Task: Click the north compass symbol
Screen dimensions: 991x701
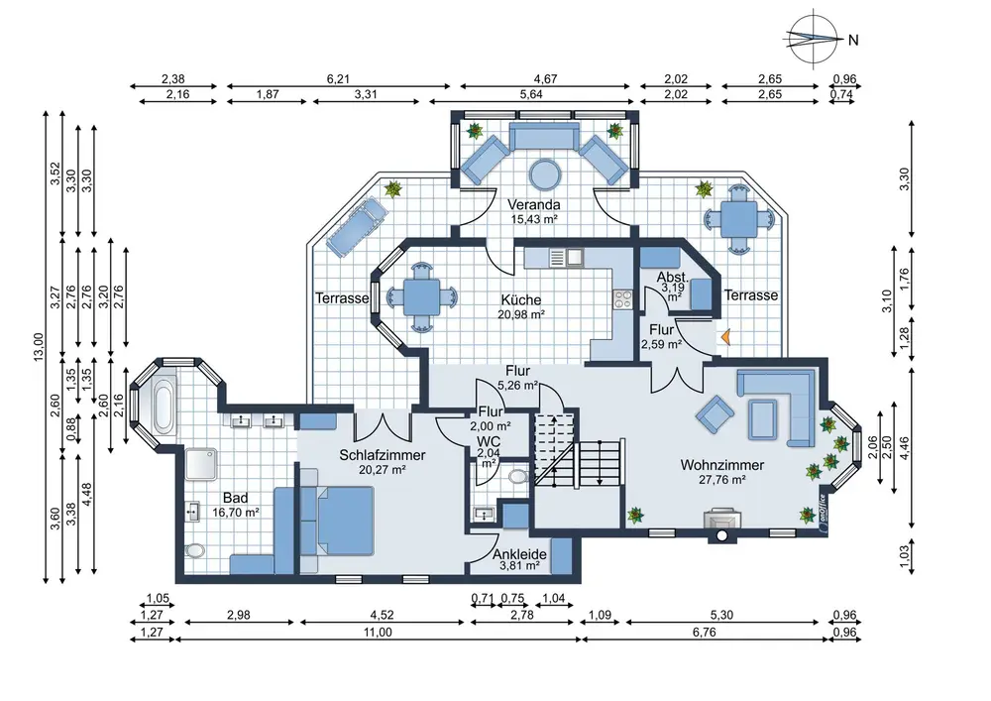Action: [814, 40]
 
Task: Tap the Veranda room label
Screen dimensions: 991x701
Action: [534, 205]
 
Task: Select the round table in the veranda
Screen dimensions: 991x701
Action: [545, 174]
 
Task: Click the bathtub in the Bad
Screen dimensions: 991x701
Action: [164, 406]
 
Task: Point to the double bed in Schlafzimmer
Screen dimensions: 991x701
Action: [338, 521]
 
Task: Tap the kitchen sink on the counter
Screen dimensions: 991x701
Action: [566, 257]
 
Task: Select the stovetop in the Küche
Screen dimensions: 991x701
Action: [622, 299]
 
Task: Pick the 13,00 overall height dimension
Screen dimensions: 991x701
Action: [39, 347]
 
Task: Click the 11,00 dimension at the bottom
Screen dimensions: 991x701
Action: [378, 633]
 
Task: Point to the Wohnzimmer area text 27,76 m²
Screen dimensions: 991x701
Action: [722, 480]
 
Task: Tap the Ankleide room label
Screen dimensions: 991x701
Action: [519, 553]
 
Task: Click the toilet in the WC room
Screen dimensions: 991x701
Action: [518, 475]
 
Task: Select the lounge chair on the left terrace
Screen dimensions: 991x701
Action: [354, 226]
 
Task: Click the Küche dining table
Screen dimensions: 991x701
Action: [421, 297]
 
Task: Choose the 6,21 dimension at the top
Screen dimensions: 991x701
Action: [338, 79]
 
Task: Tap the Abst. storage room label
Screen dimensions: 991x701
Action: [673, 278]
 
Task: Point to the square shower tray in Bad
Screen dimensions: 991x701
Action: [201, 465]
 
